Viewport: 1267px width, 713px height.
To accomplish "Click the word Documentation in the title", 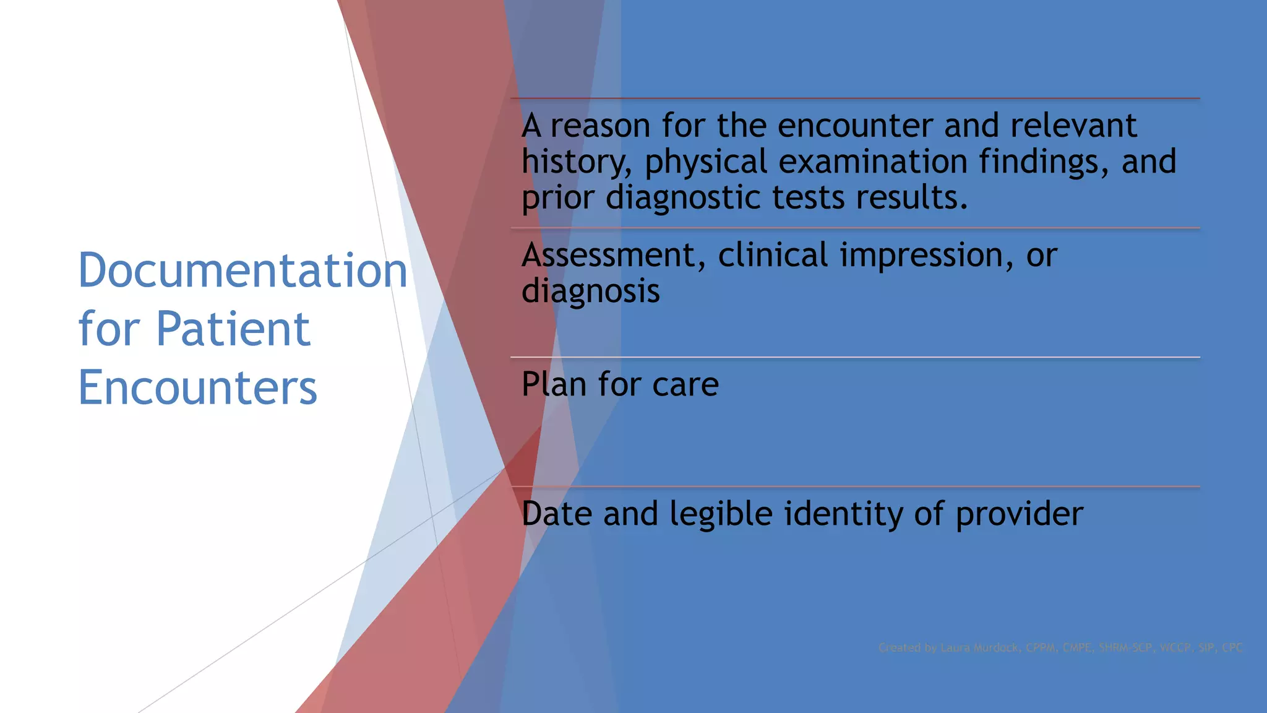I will (243, 271).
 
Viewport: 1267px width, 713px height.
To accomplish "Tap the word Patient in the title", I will (233, 329).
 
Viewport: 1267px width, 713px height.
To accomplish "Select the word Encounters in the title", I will (197, 387).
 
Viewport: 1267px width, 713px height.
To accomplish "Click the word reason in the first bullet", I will (600, 126).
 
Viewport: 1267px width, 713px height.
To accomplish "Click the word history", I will (576, 162).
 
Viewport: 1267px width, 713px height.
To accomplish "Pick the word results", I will (911, 198).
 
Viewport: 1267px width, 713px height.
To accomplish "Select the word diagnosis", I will (590, 292).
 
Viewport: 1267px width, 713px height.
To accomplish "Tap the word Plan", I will (554, 384).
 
